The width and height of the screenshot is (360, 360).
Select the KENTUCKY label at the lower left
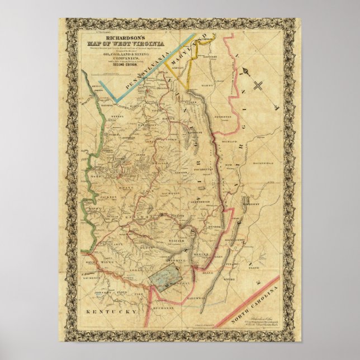108,310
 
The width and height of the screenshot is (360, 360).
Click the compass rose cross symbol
258,86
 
